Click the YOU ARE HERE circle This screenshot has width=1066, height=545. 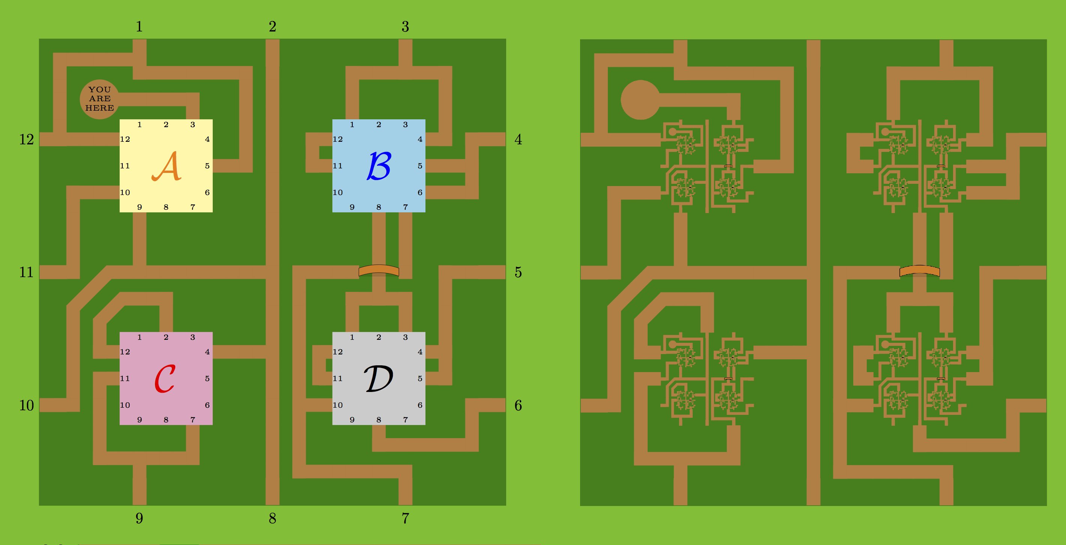coord(99,99)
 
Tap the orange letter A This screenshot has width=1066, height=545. coord(166,166)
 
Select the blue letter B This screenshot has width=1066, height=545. coord(379,165)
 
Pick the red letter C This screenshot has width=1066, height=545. coord(165,378)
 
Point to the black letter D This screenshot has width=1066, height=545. coord(378,378)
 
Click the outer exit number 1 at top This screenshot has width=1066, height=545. coord(140,27)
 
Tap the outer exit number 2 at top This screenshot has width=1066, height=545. coord(272,27)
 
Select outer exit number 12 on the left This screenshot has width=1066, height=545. coord(27,139)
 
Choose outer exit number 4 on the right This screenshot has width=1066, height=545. coord(518,140)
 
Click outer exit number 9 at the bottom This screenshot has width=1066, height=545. coord(140,518)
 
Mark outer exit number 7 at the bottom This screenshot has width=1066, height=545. coord(405,518)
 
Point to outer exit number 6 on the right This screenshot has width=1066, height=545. coord(518,405)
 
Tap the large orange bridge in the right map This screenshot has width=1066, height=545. coord(920,271)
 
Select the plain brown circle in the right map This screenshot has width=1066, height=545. coord(640,100)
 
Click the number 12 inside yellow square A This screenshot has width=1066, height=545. coord(125,139)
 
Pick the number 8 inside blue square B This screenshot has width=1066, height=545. coord(379,207)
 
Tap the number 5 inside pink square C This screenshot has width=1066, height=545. coord(207,378)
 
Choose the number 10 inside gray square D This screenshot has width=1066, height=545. coord(338,405)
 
